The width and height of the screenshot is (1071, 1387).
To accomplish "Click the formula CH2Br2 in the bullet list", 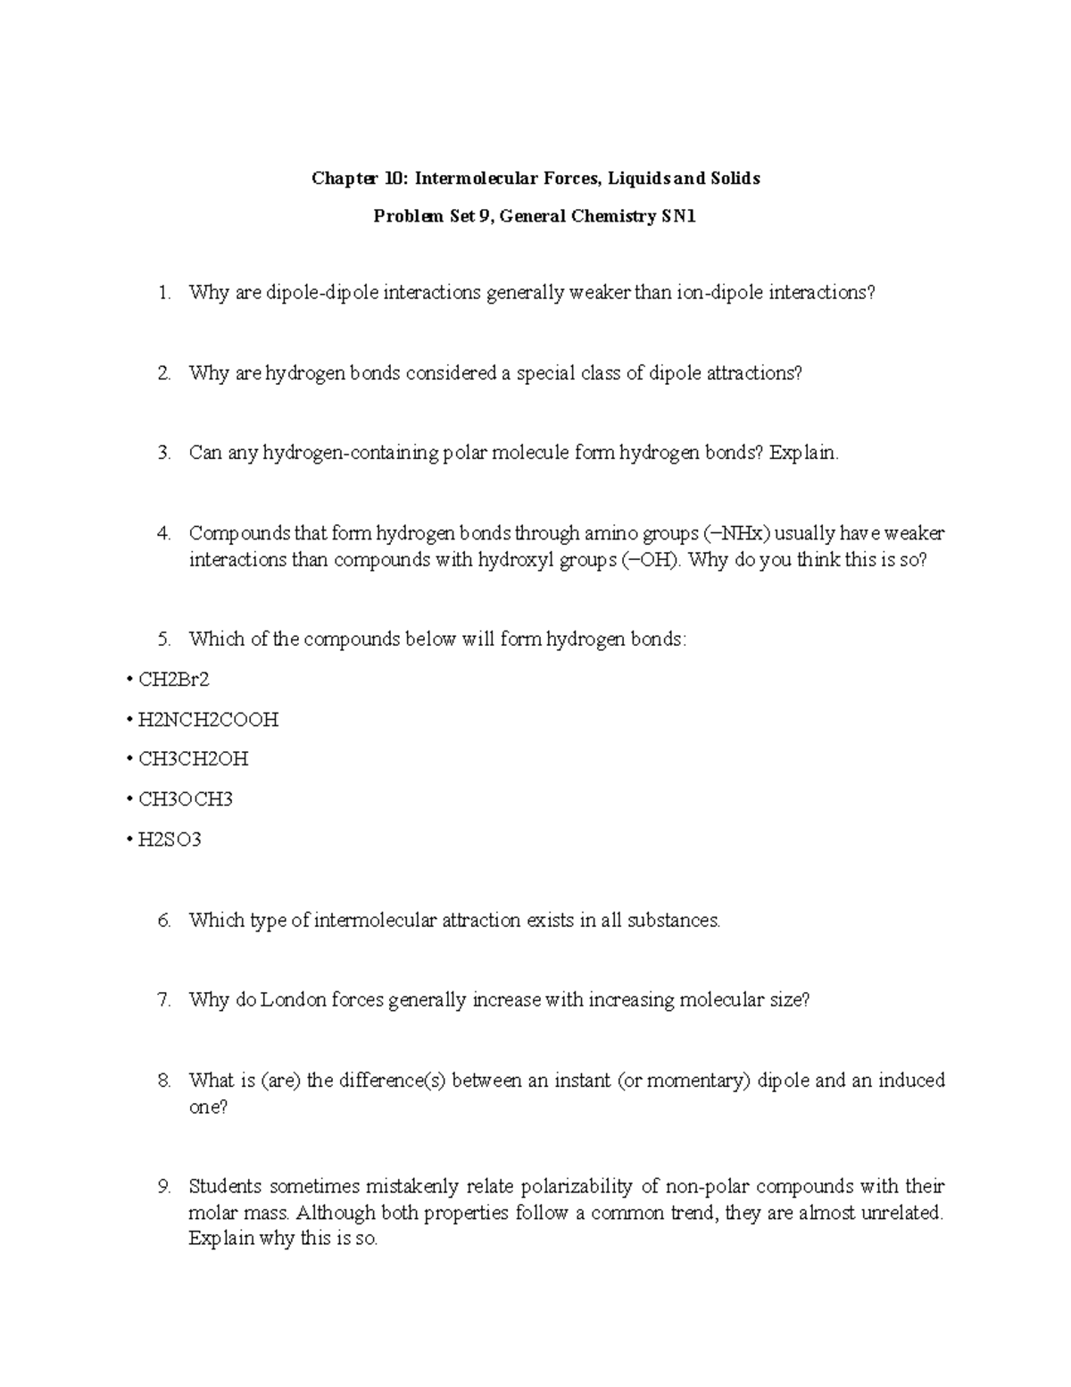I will [x=173, y=680].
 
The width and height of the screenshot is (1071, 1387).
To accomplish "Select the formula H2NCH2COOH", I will [x=208, y=720].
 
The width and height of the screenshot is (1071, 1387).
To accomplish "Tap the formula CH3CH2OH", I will [x=193, y=759].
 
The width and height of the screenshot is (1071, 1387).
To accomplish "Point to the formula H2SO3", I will [x=169, y=840].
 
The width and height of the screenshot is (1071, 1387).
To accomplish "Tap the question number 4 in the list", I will [x=163, y=534].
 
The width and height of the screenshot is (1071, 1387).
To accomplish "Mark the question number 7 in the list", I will [x=163, y=1000].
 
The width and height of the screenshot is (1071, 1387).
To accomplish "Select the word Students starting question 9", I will [x=225, y=1187].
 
